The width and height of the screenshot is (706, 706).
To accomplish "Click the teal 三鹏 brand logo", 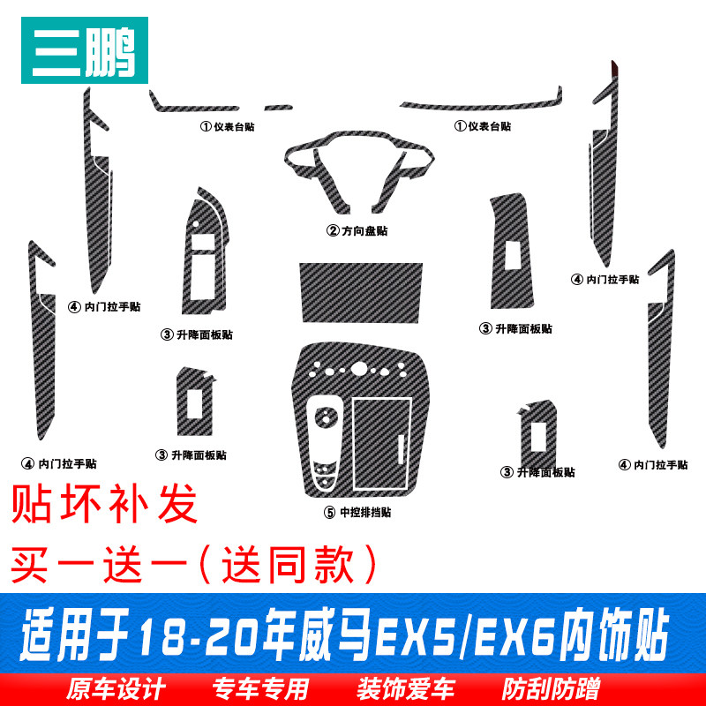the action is (x=85, y=50).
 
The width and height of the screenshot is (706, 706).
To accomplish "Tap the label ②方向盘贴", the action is (x=357, y=231).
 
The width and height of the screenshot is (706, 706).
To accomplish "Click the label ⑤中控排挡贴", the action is (x=357, y=512).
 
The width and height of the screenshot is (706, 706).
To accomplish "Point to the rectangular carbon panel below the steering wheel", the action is (x=361, y=293).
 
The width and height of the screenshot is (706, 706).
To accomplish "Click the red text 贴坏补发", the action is (x=104, y=503).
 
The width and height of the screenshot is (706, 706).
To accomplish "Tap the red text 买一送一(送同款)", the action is (x=193, y=564).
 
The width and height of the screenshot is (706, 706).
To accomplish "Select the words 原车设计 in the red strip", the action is (x=116, y=689).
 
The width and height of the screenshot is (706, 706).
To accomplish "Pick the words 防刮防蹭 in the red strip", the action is (x=551, y=689).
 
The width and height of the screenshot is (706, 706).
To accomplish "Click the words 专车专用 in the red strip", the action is (x=260, y=689).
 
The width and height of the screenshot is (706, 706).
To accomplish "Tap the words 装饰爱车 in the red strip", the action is (x=406, y=689).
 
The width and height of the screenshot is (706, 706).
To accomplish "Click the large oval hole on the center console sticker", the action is (x=359, y=368).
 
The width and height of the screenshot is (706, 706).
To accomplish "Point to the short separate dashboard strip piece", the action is (x=278, y=108).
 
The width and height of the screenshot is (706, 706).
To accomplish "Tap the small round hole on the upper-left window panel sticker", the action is (x=195, y=224).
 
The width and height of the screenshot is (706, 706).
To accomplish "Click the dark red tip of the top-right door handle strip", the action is (x=614, y=70).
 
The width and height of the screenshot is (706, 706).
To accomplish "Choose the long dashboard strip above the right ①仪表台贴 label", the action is (x=481, y=103).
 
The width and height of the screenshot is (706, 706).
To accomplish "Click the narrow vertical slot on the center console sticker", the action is (x=401, y=449).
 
